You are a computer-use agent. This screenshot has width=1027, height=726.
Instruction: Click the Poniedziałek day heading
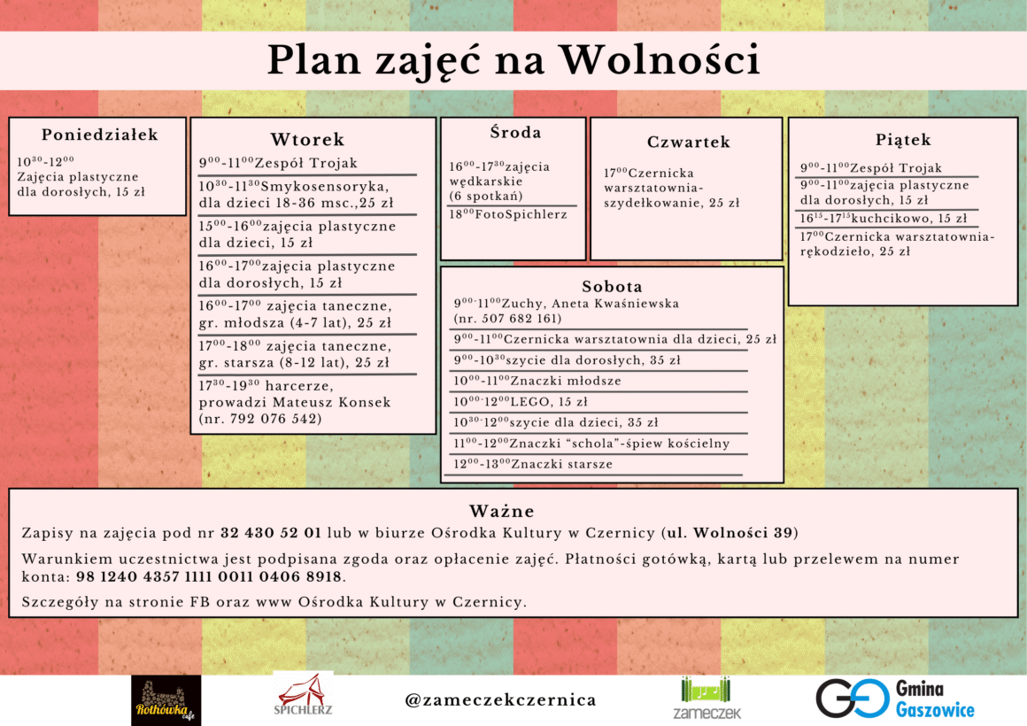pyautogui.click(x=99, y=135)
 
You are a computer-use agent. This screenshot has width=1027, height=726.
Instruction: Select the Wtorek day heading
pyautogui.click(x=307, y=140)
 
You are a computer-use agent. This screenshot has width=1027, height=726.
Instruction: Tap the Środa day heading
pyautogui.click(x=515, y=133)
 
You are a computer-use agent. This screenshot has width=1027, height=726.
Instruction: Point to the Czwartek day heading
pyautogui.click(x=688, y=142)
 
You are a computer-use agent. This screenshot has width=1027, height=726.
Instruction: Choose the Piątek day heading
pyautogui.click(x=903, y=140)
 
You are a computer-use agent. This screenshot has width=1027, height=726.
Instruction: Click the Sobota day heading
pyautogui.click(x=612, y=287)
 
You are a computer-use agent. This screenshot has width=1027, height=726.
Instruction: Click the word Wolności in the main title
pyautogui.click(x=660, y=60)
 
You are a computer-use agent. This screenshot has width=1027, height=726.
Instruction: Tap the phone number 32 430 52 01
pyautogui.click(x=270, y=533)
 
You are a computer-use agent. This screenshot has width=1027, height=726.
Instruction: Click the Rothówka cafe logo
pyautogui.click(x=166, y=700)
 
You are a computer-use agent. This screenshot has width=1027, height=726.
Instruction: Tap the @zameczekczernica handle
pyautogui.click(x=500, y=700)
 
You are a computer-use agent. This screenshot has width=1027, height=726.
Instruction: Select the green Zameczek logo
pyautogui.click(x=707, y=699)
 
